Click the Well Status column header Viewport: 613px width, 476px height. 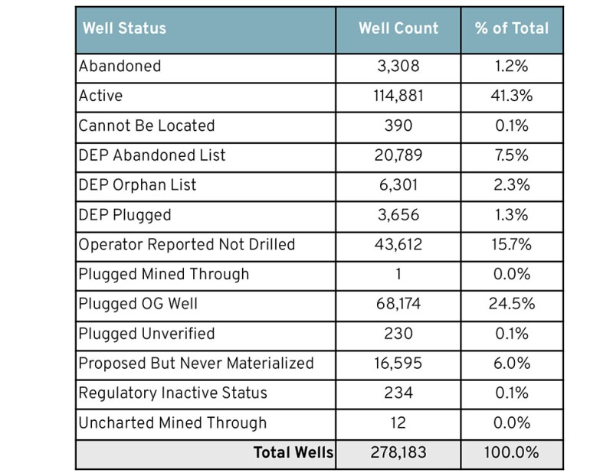pos(124,29)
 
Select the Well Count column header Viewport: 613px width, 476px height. pos(398,29)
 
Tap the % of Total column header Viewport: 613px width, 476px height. pos(512,29)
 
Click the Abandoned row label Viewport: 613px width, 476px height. pos(120,67)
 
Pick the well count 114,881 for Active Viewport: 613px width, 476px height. pos(398,96)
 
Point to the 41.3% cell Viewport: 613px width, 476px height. pos(512,96)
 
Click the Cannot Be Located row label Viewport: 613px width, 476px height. pos(146,126)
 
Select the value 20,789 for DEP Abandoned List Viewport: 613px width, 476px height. pos(398,155)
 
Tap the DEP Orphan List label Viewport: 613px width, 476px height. pos(138,185)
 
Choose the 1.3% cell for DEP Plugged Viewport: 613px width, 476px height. pos(512,215)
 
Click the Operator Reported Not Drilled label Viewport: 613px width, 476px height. pos(187,245)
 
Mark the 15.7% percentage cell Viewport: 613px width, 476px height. pos(512,245)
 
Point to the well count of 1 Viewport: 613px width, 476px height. pos(398,274)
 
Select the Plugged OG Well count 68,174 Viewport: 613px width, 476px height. pos(398,304)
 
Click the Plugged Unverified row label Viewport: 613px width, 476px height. pos(146,334)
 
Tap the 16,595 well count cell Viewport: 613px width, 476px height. pos(398,364)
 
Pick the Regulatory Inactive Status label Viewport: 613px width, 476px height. pos(184,393)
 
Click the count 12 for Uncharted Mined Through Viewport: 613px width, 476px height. pos(398,422)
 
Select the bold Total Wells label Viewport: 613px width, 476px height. pos(293,453)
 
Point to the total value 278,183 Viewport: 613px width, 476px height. pos(398,453)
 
